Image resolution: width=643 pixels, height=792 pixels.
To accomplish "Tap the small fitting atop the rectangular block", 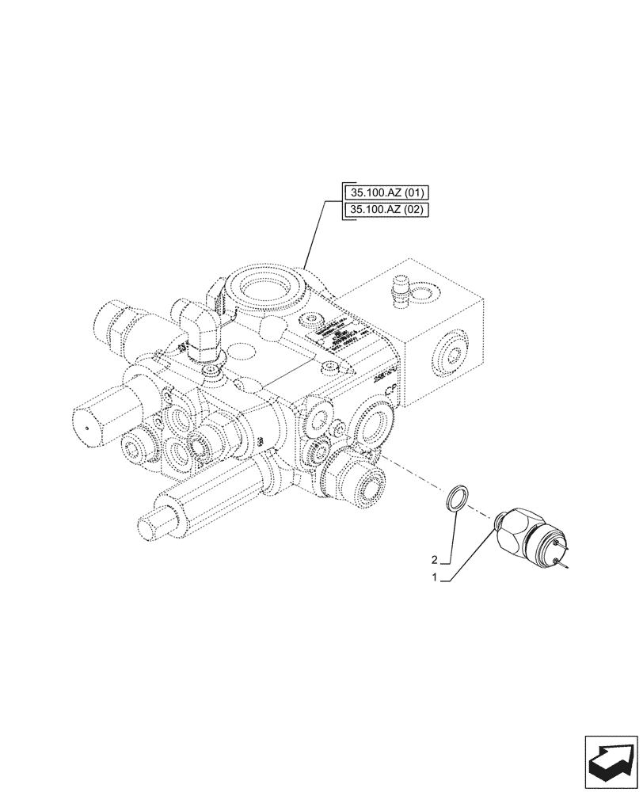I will (400, 289).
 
